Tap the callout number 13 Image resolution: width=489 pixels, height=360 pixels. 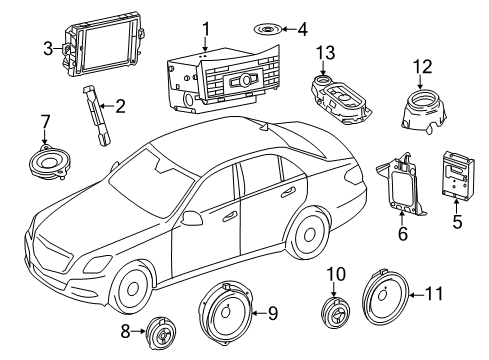point(325,53)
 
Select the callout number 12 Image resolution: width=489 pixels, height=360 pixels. point(423,67)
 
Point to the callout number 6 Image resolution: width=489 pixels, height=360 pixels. point(403,233)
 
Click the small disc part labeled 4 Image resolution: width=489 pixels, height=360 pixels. point(266,30)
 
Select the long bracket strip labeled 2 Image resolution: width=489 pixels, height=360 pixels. point(97,115)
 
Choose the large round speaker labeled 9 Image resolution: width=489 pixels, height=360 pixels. point(226,313)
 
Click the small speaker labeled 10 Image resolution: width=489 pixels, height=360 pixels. point(336,312)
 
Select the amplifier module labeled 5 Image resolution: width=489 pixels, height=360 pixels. point(458,175)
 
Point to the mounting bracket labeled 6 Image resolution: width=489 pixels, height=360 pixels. point(401,184)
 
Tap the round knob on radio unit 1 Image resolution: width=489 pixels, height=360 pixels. point(246,80)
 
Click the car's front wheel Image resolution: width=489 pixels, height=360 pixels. point(132,288)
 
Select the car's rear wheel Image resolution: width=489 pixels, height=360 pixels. point(309,234)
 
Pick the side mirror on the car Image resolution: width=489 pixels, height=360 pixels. point(192,218)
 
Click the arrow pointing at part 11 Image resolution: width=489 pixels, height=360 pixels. point(417,295)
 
